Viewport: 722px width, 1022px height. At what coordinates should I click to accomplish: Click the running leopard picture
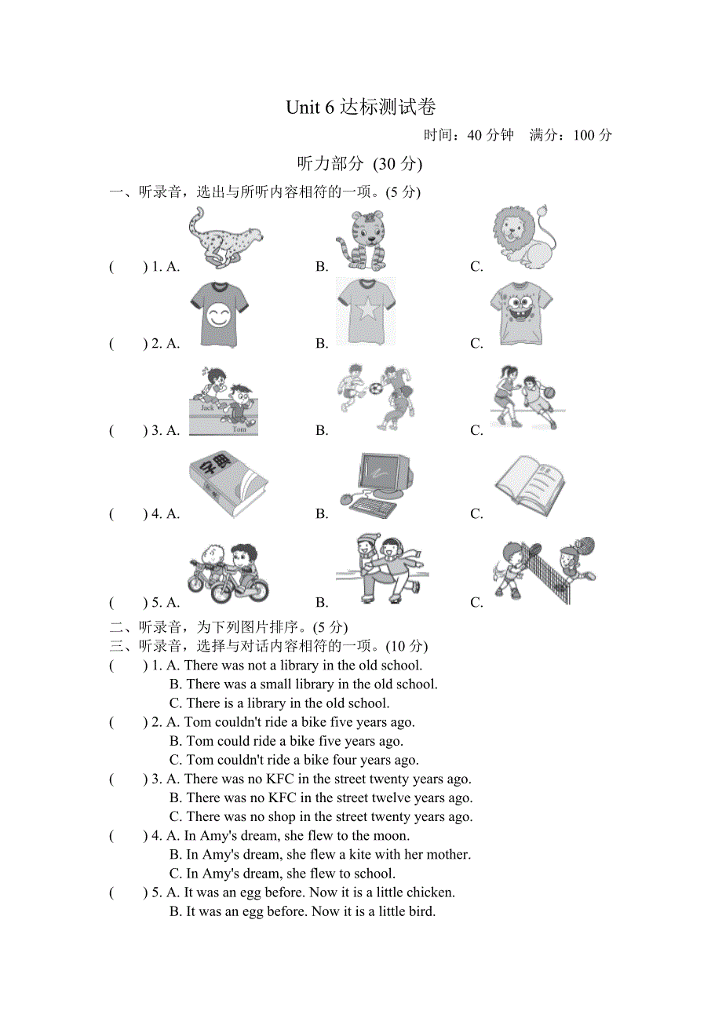pos(224,237)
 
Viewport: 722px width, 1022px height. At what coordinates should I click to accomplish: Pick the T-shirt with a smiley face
pos(219,314)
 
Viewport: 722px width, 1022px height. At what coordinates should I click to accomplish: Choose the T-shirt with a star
pos(366,312)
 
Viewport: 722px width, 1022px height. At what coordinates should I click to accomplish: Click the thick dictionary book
pos(227,484)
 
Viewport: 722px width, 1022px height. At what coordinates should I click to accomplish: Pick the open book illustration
pos(530,484)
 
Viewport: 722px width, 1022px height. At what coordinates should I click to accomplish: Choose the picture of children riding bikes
pos(228,572)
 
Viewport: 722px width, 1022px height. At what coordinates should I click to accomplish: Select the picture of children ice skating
pos(382,569)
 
